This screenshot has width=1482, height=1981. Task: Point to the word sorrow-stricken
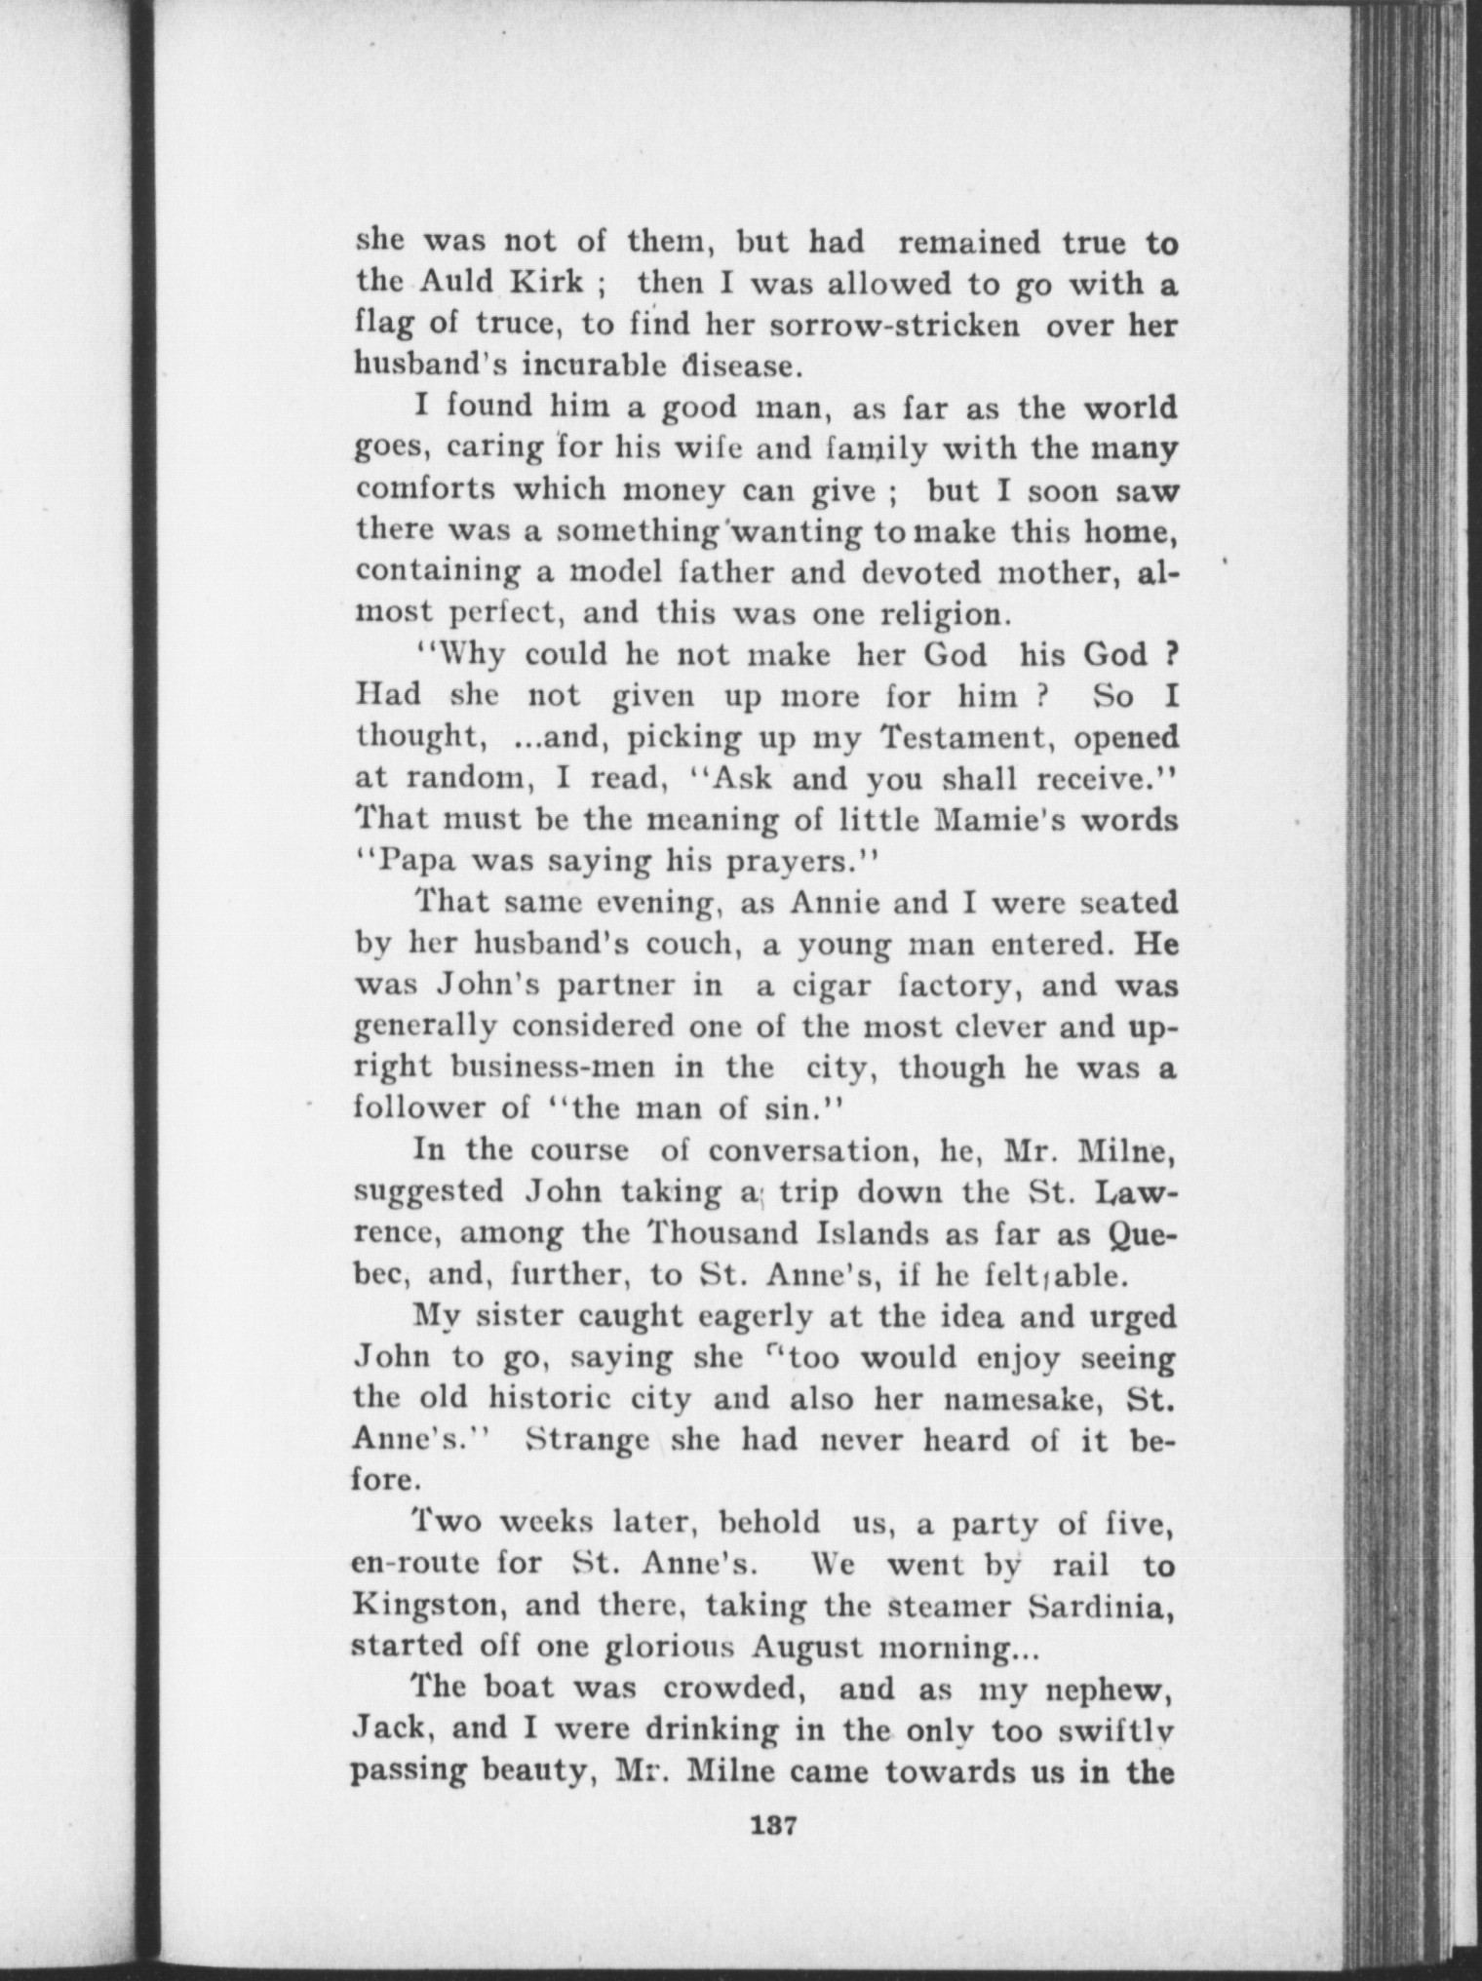point(895,325)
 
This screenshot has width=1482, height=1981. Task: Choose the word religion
point(940,614)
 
